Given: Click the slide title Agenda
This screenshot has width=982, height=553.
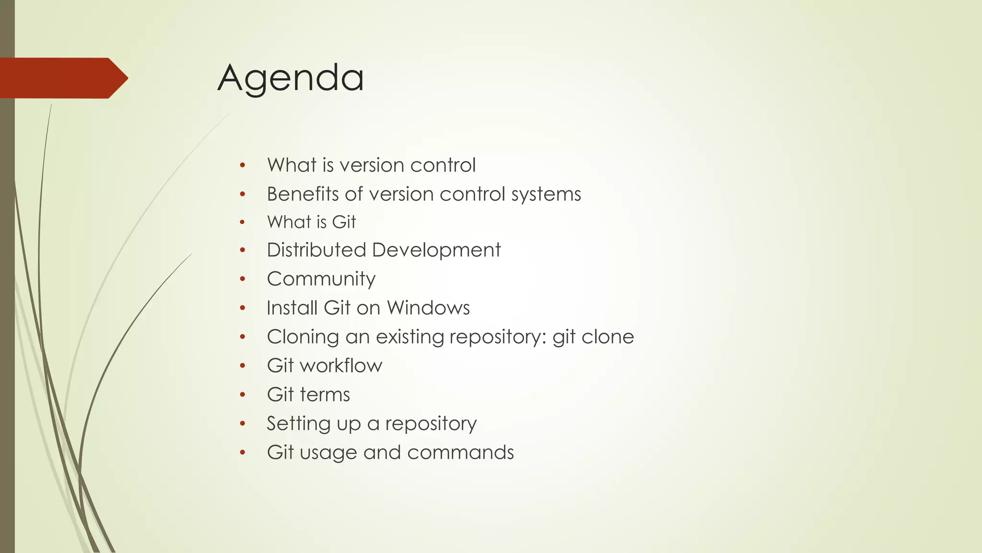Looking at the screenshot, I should click(x=291, y=78).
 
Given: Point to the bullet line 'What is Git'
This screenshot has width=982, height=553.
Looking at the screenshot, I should click(x=311, y=222).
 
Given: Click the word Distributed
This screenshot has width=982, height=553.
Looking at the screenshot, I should click(x=316, y=250).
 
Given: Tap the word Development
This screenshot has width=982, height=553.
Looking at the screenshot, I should click(x=436, y=250).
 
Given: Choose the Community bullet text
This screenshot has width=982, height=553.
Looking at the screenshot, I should click(x=321, y=279).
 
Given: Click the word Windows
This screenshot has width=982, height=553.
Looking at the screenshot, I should click(x=428, y=308).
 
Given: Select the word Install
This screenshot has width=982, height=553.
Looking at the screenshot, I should click(x=292, y=308).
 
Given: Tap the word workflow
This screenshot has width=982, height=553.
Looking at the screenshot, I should click(x=341, y=366).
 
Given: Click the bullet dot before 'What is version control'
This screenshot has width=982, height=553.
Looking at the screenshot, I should click(x=243, y=165).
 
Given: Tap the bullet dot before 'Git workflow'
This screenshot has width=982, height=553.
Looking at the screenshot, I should click(x=243, y=366).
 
